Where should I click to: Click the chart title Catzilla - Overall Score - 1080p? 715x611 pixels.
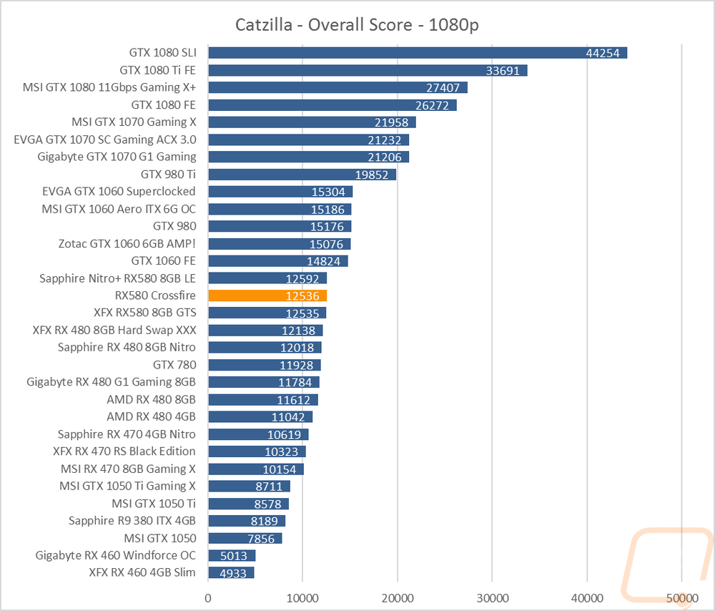point(357,25)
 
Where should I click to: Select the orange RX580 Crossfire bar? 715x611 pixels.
point(267,295)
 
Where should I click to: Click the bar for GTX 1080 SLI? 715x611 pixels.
point(417,53)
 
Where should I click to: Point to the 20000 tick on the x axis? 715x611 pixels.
point(397,597)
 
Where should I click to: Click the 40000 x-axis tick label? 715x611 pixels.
point(586,597)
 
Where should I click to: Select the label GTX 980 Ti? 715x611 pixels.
point(168,174)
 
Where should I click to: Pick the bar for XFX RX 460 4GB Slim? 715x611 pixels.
point(230,572)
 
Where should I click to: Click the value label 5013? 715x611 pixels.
point(232,555)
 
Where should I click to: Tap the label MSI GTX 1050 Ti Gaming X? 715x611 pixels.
point(127,486)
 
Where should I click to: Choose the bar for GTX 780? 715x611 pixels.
point(264,365)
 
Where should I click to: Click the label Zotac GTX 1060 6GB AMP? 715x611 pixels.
point(127,243)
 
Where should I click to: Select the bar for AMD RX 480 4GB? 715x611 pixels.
point(260,416)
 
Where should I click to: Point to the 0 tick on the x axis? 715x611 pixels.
point(208,597)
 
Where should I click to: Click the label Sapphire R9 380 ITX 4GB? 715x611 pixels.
point(132,521)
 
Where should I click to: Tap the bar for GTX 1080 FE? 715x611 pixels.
point(332,105)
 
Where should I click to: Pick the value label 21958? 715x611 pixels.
point(392,122)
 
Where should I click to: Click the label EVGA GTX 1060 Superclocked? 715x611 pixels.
point(119,191)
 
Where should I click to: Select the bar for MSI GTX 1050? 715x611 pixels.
point(245,538)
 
